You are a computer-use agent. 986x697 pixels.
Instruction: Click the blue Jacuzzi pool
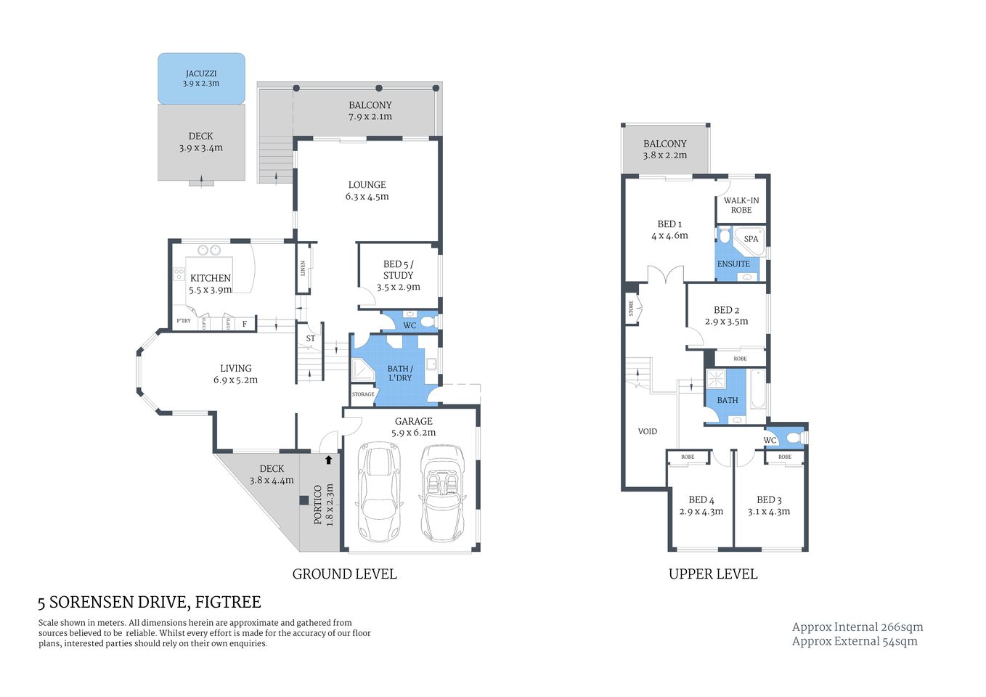(x=201, y=78)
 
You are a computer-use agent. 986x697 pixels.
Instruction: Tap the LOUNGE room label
(x=367, y=185)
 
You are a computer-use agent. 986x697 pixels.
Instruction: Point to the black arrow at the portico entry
(x=329, y=460)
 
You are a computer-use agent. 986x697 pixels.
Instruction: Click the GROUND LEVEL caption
(x=344, y=574)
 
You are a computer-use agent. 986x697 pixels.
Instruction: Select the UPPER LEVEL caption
(x=712, y=574)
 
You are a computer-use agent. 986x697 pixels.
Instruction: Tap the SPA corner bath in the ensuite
(x=750, y=240)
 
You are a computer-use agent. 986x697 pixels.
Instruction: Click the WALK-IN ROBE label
(x=741, y=205)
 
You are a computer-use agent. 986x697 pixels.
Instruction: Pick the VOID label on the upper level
(x=647, y=431)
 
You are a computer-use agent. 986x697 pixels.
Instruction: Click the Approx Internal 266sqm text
(x=857, y=627)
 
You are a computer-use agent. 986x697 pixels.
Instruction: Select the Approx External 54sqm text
(x=854, y=641)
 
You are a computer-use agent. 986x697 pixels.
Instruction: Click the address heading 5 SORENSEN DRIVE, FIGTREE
(x=150, y=603)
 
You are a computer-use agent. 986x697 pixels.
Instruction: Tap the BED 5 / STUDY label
(x=398, y=270)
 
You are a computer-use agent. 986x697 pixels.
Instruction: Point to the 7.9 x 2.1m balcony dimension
(x=370, y=117)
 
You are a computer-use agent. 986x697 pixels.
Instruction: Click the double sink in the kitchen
(x=210, y=250)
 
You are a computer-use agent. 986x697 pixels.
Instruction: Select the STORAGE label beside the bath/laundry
(x=363, y=394)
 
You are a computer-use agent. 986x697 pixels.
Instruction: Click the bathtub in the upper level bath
(x=757, y=390)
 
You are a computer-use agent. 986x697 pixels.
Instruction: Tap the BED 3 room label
(x=769, y=500)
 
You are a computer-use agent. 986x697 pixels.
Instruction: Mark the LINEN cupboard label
(x=303, y=268)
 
